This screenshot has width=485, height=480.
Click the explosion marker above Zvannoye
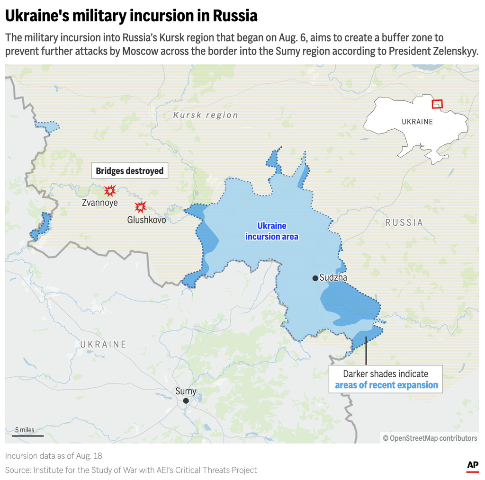click(110, 191)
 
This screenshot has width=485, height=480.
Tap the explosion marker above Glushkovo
click(140, 207)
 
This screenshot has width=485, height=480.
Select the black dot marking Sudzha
click(315, 278)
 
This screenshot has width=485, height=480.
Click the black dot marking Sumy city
click(186, 401)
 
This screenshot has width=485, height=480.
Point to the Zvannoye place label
click(100, 203)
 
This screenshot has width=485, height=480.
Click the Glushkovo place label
click(146, 220)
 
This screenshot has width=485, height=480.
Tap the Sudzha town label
click(333, 278)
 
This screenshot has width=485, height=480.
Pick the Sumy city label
click(186, 391)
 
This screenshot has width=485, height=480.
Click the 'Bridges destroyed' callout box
click(130, 171)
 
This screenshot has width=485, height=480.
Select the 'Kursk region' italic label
click(206, 115)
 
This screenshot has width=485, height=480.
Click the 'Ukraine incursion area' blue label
click(272, 231)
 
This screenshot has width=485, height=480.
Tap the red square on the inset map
click(437, 104)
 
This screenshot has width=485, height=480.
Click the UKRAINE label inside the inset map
click(417, 122)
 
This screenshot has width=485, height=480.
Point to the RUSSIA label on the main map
click(404, 222)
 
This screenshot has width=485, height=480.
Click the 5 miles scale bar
click(28, 435)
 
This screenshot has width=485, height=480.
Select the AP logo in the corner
click(473, 466)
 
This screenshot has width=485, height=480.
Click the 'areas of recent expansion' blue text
click(386, 385)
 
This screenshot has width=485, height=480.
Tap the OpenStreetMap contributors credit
click(430, 438)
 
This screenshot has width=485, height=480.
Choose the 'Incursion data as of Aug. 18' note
click(54, 456)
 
